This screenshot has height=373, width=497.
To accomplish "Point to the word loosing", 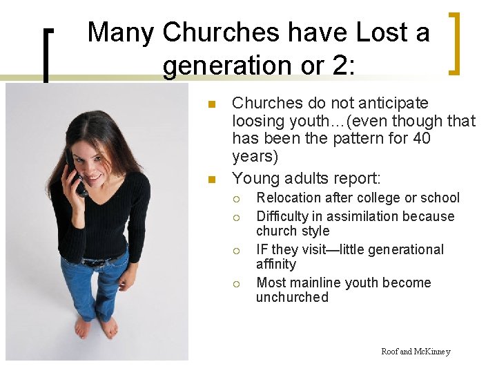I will (259, 121).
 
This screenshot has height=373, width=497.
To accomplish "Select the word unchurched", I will (292, 298).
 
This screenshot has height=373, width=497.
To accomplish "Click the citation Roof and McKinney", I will (416, 352).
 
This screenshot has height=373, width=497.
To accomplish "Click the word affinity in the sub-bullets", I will (276, 265).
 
